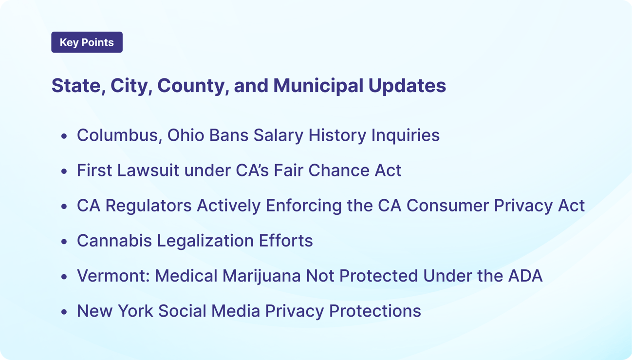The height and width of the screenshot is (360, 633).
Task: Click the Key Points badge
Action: click(87, 42)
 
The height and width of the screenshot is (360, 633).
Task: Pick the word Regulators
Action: click(149, 206)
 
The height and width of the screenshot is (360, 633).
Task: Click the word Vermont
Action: click(113, 276)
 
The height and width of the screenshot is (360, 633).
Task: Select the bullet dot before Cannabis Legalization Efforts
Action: click(64, 242)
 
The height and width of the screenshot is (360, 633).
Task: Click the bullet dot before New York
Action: click(64, 312)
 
